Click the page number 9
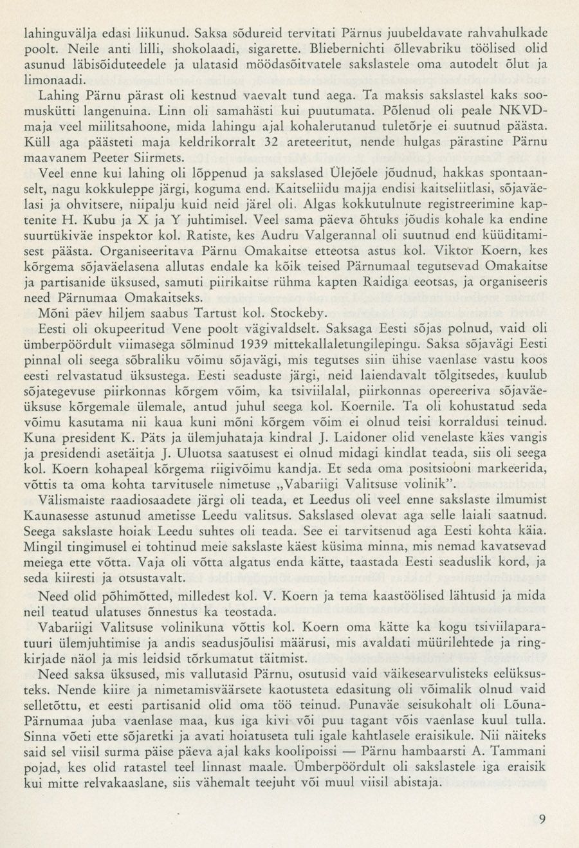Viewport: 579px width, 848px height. tap(543, 819)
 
